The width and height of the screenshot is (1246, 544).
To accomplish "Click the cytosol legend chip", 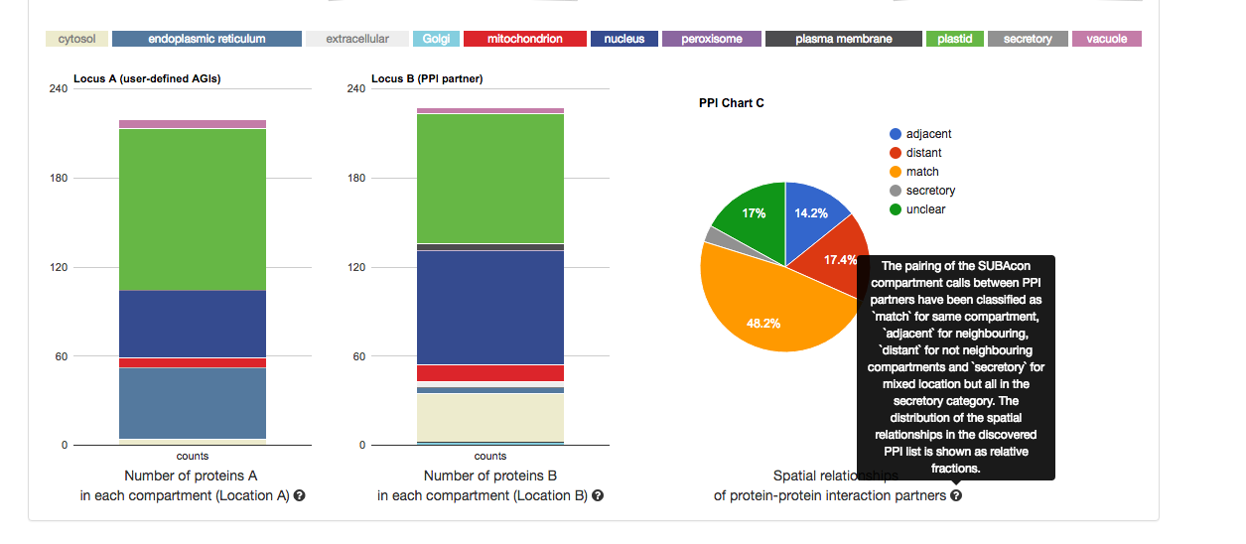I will pos(76,39).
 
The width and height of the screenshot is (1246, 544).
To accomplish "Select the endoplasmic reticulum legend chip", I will pos(207,39).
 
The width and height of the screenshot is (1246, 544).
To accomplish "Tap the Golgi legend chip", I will pos(436,39).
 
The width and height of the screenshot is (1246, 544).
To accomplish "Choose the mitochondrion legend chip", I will pos(524,39).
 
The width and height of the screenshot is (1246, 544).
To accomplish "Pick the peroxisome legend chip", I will pos(711,39).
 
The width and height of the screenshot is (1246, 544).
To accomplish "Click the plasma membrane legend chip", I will pos(843,39).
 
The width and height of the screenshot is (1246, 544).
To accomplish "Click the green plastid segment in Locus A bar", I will pos(193,208).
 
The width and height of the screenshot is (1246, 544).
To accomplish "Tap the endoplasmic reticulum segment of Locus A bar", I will pos(193,402).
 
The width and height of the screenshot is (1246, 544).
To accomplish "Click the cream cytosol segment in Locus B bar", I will pos(490,416).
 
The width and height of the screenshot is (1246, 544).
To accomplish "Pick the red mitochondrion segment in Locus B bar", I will pos(490,373).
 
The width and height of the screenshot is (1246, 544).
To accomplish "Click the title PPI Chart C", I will pos(731,103).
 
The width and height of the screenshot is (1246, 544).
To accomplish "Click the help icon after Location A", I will pos(299,495).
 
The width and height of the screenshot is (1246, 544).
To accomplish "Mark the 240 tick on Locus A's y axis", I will pos(58,89).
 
